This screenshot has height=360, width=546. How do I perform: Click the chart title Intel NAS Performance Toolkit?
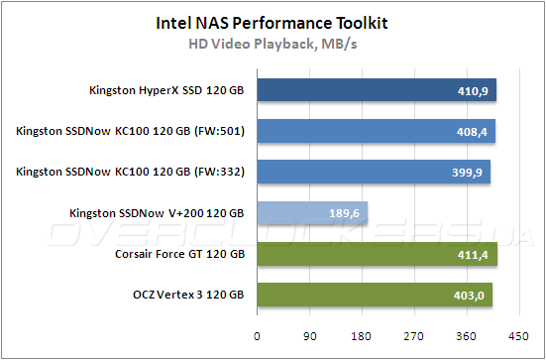pyautogui.click(x=272, y=21)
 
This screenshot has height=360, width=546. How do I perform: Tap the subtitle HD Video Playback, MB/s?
pyautogui.click(x=272, y=43)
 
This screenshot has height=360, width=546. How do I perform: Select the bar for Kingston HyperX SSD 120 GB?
pyautogui.click(x=377, y=91)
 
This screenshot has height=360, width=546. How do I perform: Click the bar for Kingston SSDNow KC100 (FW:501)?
pyautogui.click(x=376, y=132)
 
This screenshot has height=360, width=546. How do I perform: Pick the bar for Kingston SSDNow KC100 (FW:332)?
pyautogui.click(x=374, y=173)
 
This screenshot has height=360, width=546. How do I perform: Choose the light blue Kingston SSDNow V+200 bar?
pyautogui.click(x=313, y=213)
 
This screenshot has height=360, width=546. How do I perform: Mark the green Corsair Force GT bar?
pyautogui.click(x=377, y=254)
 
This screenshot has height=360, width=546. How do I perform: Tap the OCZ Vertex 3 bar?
pyautogui.click(x=375, y=295)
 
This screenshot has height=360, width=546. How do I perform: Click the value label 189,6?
pyautogui.click(x=346, y=214)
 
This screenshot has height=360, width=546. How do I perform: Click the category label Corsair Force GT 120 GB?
pyautogui.click(x=179, y=255)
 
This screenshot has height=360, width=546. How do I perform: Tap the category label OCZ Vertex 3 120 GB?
pyautogui.click(x=188, y=296)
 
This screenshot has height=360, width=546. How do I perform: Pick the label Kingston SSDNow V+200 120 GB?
pyautogui.click(x=157, y=214)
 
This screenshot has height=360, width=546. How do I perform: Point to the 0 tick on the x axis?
pyautogui.click(x=257, y=336)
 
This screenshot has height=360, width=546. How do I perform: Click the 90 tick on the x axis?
pyautogui.click(x=309, y=336)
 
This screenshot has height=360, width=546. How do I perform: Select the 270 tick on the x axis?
pyautogui.click(x=414, y=336)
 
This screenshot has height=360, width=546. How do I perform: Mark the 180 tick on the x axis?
pyautogui.click(x=362, y=336)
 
